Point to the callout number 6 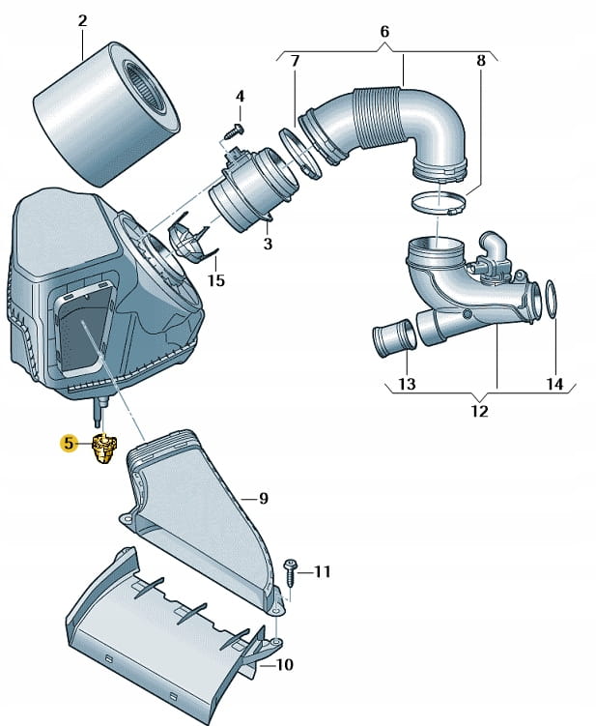384,32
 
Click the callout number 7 296,62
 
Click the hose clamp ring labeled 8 438,204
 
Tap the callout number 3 268,245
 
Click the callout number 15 215,281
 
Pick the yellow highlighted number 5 68,444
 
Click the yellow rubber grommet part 103,449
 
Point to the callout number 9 263,499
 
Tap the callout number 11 322,572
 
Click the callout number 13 407,385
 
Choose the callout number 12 480,411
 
